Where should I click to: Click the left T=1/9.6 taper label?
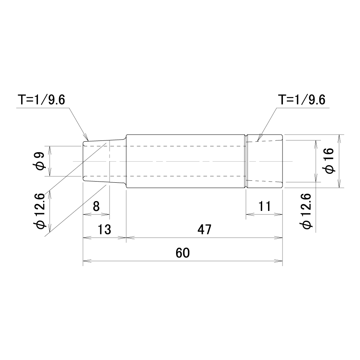pos(42,100)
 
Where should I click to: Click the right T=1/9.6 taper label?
pos(302,100)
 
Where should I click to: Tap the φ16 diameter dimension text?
pos(329,161)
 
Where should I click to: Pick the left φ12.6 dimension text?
pos(39,211)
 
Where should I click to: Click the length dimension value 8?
pos(96,206)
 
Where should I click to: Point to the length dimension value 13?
pos(104,229)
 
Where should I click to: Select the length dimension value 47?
pos(204,229)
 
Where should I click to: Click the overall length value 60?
pos(183,253)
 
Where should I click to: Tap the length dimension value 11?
pos(265,206)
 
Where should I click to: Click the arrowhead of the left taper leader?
pos(86,137)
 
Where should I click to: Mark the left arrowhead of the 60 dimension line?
pos(87,261)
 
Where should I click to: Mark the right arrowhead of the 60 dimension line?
pos(279,261)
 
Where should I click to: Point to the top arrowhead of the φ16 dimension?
pos(339,139)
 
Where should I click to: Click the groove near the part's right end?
pos(246,161)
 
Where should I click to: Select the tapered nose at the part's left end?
pos(104,161)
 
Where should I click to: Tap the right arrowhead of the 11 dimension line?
pos(279,214)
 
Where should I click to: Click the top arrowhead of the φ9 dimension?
pos(50,150)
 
